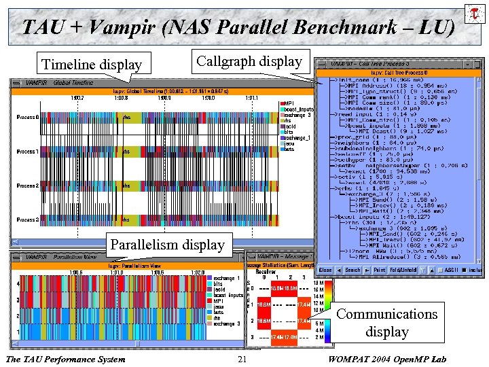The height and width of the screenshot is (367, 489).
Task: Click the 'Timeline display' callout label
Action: [x=92, y=65]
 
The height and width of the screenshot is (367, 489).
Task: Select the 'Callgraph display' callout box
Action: [x=249, y=62]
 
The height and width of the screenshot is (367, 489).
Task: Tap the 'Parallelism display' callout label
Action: [x=167, y=244]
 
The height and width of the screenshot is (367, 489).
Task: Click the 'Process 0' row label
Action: [x=28, y=117]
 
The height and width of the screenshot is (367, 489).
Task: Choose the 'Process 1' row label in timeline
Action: [x=28, y=152]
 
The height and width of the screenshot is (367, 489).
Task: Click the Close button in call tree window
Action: [x=326, y=270]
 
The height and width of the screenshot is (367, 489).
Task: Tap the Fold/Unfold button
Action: [x=403, y=270]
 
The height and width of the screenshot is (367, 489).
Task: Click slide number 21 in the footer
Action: [x=242, y=359]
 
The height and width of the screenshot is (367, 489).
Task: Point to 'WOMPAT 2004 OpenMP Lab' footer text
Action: [x=400, y=359]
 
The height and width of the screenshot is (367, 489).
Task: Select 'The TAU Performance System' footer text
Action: [x=65, y=359]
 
